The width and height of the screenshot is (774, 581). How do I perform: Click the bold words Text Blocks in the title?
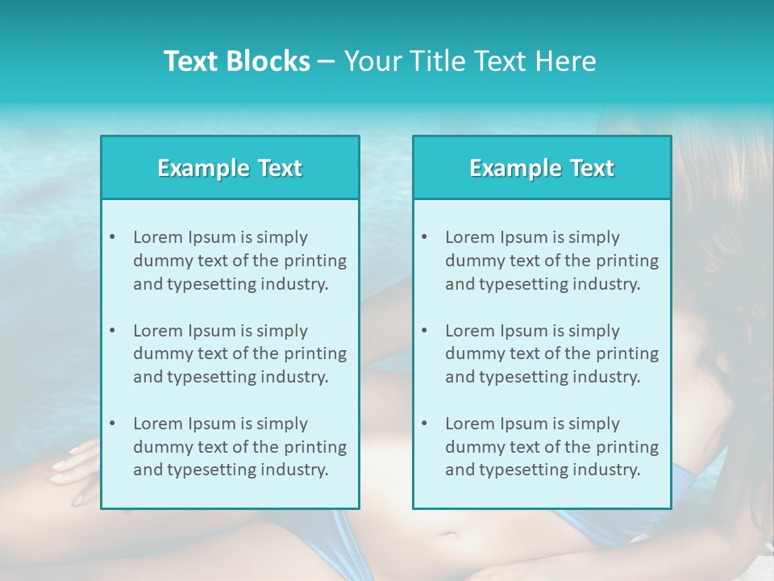point(237,61)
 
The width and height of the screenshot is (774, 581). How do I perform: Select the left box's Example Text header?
point(230,168)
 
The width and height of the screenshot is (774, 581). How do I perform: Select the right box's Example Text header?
point(542,168)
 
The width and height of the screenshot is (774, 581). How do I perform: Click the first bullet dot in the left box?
point(112,237)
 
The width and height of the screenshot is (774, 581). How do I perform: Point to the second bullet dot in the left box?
point(112,331)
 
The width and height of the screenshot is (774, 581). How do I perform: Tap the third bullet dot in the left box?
point(112,424)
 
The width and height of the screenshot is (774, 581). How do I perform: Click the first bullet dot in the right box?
point(424,237)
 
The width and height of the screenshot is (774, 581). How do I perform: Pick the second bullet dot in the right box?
point(424,331)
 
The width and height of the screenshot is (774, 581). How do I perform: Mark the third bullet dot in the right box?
point(424,424)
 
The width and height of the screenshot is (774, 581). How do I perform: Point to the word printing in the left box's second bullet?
point(317,353)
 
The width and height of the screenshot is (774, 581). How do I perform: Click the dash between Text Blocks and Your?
point(327,62)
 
